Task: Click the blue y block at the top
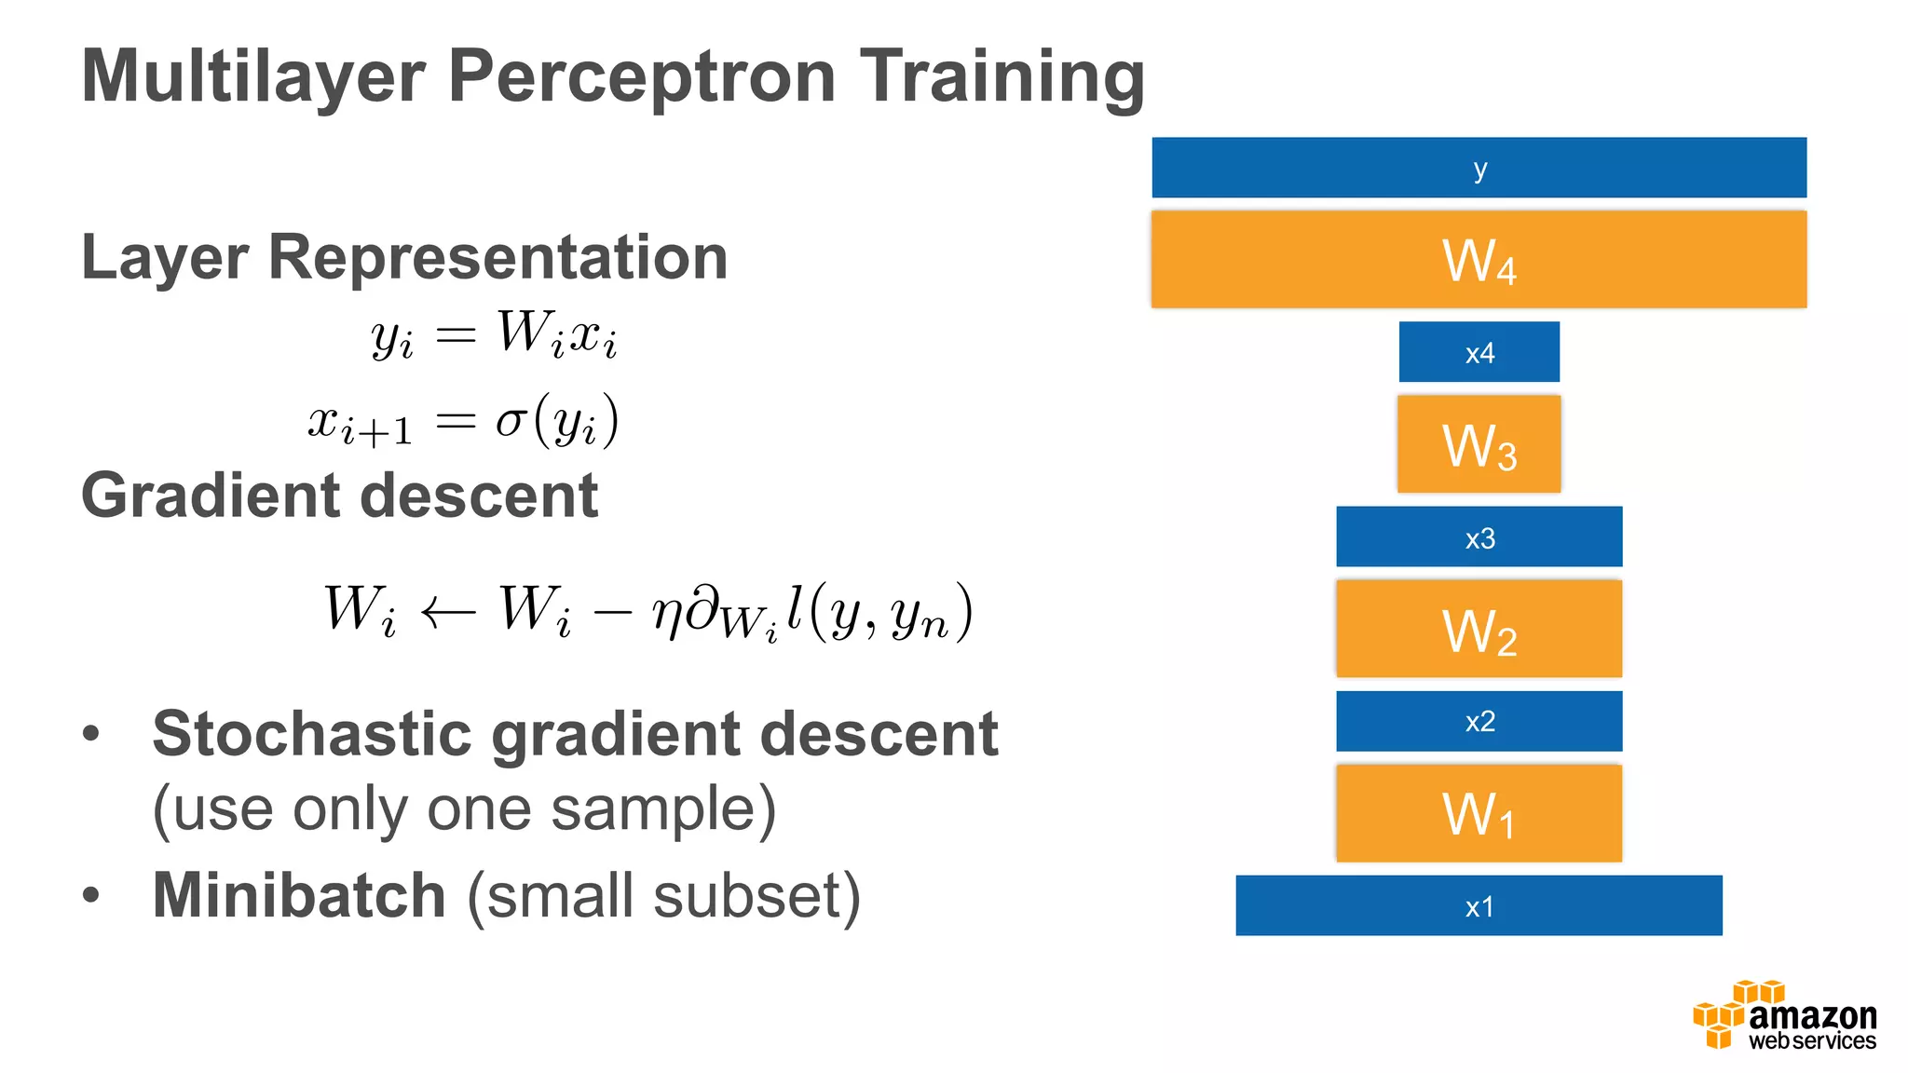[1479, 168]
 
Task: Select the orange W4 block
[1479, 260]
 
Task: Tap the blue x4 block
[1479, 352]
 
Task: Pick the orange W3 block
[1479, 444]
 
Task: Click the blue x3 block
[1479, 536]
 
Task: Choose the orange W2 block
[1479, 629]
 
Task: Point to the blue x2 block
[1479, 721]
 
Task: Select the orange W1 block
[1479, 813]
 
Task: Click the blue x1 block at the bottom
[1479, 905]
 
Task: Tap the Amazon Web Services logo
[1784, 1016]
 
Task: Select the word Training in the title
[1001, 76]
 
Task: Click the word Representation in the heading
[497, 257]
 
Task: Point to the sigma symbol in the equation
[511, 421]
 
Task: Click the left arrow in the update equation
[448, 613]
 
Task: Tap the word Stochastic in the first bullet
[312, 734]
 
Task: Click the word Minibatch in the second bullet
[298, 895]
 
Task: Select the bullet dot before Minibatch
[90, 895]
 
